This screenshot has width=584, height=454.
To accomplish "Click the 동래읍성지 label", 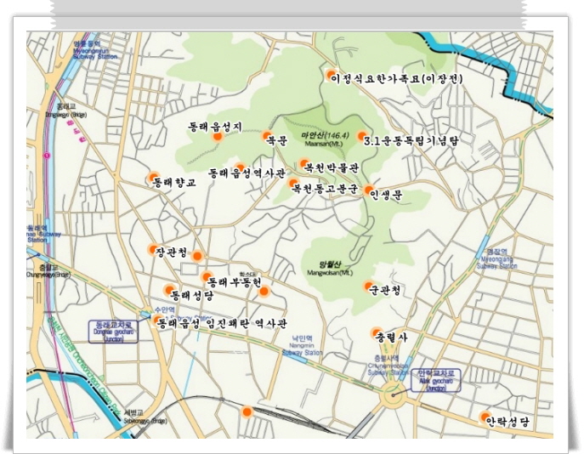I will pos(215,127).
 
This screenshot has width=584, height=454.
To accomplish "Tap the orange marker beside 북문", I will pos(265,135).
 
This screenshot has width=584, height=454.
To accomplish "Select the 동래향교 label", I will pos(175,181).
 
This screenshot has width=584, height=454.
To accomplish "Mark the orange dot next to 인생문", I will pos(369,190).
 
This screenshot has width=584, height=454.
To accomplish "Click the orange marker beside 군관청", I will pos(369,287).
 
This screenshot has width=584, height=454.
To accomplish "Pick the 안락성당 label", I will pos(507,421).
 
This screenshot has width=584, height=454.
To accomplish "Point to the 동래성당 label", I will pos(192,295).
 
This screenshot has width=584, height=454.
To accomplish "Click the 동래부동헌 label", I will pos(233,281).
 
